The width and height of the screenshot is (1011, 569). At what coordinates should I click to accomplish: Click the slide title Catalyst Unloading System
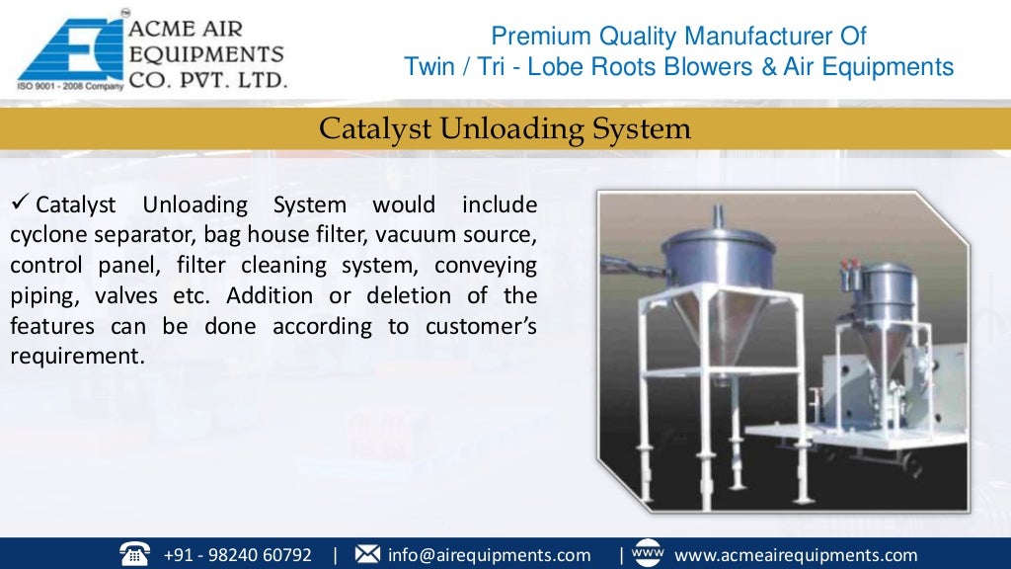click(505, 129)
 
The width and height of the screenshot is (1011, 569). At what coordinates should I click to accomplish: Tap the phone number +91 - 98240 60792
click(237, 554)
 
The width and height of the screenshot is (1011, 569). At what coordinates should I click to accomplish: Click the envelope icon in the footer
click(366, 554)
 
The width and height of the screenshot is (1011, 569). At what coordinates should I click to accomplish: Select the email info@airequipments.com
click(489, 554)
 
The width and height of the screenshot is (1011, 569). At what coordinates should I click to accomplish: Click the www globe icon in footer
click(646, 553)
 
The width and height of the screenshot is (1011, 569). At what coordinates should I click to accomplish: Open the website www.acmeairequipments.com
click(795, 554)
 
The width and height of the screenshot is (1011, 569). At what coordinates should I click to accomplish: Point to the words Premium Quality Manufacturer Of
click(678, 38)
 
